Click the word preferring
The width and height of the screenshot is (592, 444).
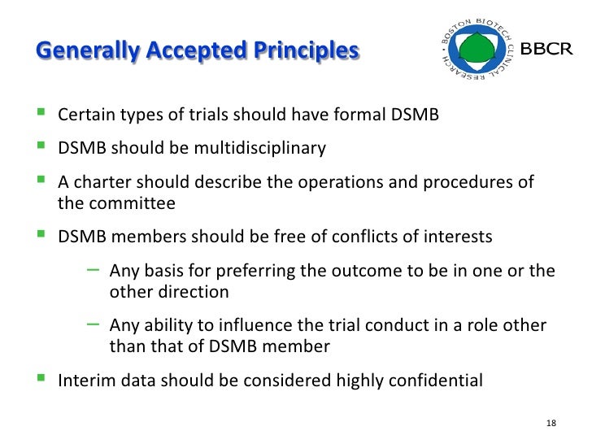(233, 271)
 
